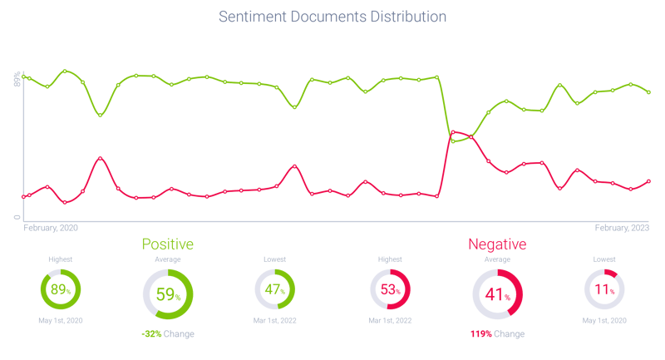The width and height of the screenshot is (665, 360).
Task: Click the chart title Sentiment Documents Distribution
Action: (332, 17)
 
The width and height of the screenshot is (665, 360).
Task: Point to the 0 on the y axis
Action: (17, 217)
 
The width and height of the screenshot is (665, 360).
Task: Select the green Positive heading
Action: (167, 244)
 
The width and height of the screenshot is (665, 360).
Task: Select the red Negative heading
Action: (497, 244)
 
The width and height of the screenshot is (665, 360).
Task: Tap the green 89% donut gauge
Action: (60, 290)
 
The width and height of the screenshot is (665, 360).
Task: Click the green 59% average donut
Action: (167, 294)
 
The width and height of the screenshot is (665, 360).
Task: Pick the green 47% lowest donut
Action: (274, 290)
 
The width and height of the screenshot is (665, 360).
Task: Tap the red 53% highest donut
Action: (390, 290)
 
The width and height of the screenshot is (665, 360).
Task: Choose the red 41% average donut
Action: (497, 294)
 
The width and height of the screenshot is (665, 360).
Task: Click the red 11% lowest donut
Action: (604, 290)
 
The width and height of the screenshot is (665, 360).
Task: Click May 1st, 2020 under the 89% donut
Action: (60, 320)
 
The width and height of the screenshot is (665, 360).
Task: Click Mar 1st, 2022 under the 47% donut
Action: (274, 320)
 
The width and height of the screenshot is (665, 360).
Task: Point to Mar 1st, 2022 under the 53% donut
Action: (390, 320)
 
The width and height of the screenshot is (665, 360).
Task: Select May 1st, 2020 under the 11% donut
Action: (604, 320)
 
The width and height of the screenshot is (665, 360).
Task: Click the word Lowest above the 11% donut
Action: (604, 259)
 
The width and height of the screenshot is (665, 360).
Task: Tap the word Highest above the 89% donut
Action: (60, 259)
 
